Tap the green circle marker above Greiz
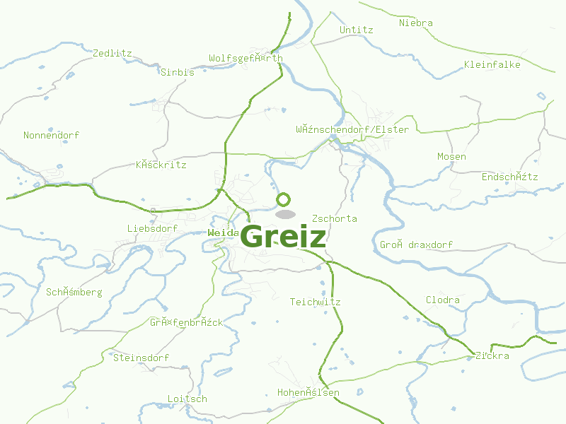284,200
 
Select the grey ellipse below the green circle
285,214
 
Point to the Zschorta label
334,218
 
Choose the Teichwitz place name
315,302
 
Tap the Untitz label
356,30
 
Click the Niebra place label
415,23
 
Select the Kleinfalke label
492,64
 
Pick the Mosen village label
451,156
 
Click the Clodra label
442,300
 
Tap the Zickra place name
492,355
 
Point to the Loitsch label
187,399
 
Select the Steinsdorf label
141,358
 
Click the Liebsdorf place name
152,228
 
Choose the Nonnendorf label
51,135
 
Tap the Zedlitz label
112,53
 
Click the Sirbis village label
177,72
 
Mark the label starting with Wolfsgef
246,58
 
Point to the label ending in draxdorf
416,245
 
